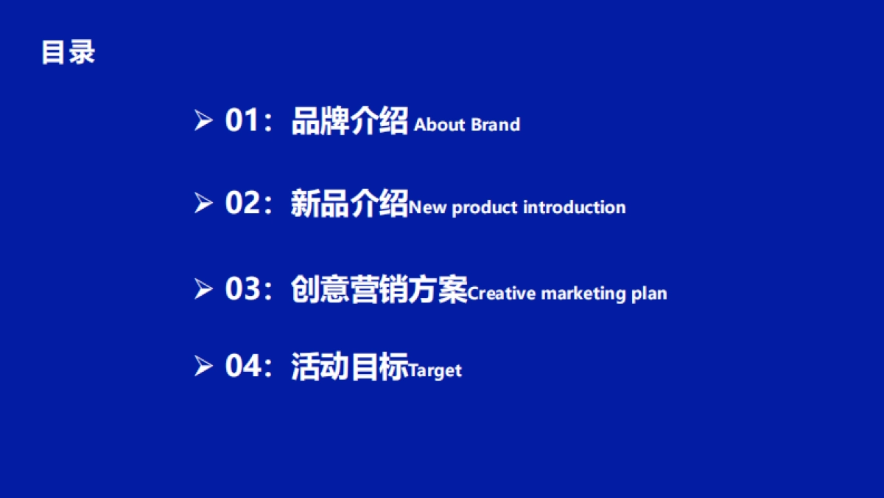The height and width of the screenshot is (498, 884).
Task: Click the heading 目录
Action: tap(69, 52)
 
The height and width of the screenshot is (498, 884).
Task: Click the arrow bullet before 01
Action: tap(203, 120)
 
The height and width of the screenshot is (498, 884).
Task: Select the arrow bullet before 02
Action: tap(203, 203)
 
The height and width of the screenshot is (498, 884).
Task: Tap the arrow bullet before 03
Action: tap(203, 289)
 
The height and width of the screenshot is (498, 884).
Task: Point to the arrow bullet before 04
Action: tap(203, 366)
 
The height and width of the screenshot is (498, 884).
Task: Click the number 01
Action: tap(242, 120)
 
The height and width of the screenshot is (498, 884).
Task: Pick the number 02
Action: tap(242, 202)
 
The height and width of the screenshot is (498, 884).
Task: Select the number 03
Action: tap(242, 288)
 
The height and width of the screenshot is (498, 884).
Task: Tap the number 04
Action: tap(242, 366)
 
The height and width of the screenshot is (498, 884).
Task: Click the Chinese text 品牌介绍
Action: tap(350, 121)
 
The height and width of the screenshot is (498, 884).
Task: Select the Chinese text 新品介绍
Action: tap(350, 203)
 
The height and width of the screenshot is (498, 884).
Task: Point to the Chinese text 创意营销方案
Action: tap(379, 289)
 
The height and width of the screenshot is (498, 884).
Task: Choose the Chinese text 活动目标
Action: tap(350, 367)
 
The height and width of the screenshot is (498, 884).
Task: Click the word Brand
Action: tap(495, 125)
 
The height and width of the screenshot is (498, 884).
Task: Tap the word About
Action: tap(440, 125)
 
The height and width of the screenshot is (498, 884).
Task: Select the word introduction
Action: tap(574, 207)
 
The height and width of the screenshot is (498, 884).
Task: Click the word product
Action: tap(484, 208)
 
